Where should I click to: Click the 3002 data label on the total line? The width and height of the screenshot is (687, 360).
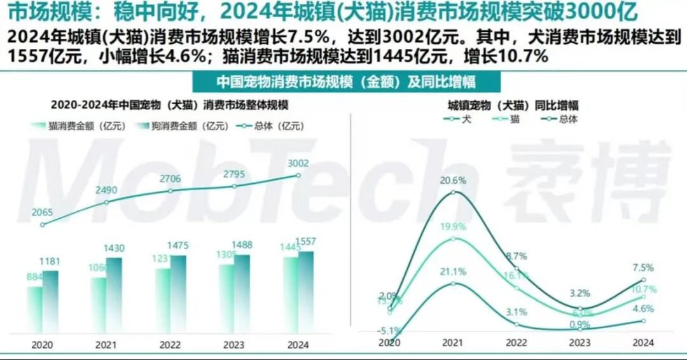(x=298, y=163)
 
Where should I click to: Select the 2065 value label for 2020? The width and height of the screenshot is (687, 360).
(x=42, y=212)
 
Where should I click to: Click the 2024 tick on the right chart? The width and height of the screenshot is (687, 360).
(x=644, y=343)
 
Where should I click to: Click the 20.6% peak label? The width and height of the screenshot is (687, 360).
(x=453, y=180)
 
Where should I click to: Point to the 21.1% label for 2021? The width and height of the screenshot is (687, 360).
(x=453, y=272)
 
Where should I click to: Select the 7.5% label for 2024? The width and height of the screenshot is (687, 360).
(x=643, y=268)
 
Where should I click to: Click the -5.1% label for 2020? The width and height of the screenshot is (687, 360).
(x=387, y=330)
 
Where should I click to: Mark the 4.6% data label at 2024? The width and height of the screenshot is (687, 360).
(x=643, y=309)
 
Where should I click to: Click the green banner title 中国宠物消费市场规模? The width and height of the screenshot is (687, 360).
(x=347, y=83)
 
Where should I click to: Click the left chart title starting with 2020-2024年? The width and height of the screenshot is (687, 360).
(x=170, y=105)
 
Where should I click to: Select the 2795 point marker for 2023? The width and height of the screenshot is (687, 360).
(x=235, y=186)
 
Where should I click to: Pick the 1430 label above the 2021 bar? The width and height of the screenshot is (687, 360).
(x=114, y=248)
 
